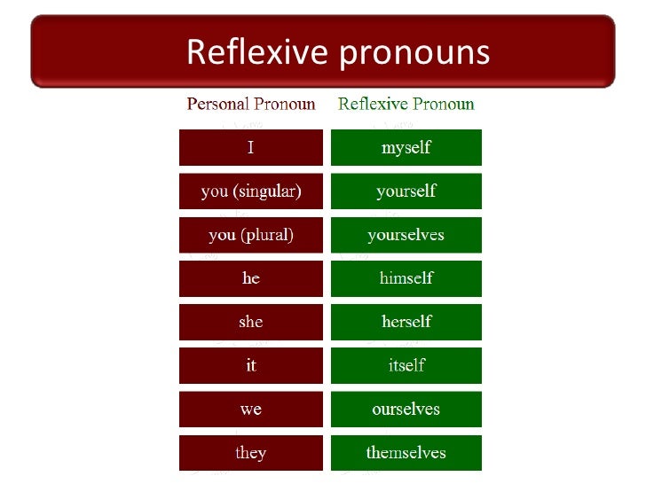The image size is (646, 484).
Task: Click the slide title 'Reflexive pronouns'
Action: click(337, 52)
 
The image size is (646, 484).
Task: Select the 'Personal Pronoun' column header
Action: click(251, 104)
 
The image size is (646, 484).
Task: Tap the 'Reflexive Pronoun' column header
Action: click(406, 104)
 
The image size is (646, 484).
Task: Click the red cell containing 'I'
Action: click(251, 148)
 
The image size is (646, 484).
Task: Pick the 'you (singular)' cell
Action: click(251, 191)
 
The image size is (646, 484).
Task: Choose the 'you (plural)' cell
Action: click(251, 235)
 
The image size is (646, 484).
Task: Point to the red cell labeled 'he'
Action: click(251, 278)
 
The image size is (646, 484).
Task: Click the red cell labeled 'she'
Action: click(251, 322)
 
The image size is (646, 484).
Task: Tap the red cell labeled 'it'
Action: click(251, 365)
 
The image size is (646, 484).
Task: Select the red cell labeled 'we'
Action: click(251, 410)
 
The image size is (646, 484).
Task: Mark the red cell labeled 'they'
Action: click(251, 453)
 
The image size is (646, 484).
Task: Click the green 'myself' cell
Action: click(406, 148)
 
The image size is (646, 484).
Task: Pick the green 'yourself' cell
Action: click(406, 191)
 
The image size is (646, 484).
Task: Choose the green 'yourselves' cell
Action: click(406, 235)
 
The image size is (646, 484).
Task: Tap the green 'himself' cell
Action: click(406, 278)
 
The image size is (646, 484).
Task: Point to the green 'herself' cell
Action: click(406, 322)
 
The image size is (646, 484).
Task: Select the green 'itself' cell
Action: click(406, 365)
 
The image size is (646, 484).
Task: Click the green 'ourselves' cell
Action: click(406, 410)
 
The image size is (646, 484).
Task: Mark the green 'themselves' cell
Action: click(406, 453)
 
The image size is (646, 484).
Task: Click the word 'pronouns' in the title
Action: click(414, 54)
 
